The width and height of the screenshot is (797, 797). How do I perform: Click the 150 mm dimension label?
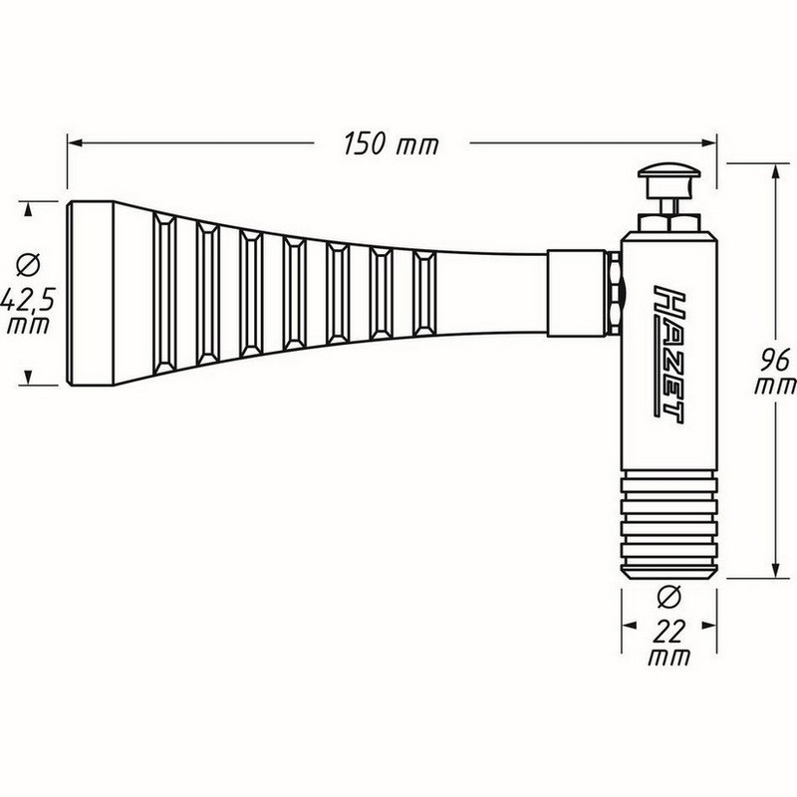coord(391,142)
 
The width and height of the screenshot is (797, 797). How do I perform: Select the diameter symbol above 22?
coord(668,597)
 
